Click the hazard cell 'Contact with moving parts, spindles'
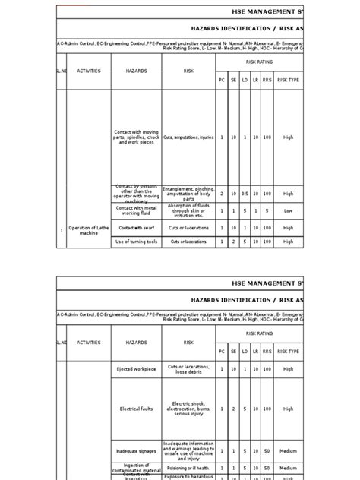coord(136,137)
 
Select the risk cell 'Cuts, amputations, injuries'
coord(188,137)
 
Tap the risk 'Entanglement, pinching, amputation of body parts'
coord(188,194)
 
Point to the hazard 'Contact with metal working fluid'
coord(136,210)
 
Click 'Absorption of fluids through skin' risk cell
coord(188,210)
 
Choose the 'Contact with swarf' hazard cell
coord(136,227)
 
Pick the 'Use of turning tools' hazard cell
coord(136,242)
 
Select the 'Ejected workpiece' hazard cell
coord(137,369)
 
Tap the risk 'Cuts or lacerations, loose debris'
coord(188,369)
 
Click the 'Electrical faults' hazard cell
coord(137,409)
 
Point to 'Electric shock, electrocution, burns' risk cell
coord(188,409)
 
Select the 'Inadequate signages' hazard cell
coord(137,450)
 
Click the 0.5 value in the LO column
coord(245,194)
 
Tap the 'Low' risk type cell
coord(288,210)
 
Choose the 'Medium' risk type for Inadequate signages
coord(288,450)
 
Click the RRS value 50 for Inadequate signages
coord(267,450)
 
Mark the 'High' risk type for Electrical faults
coord(288,409)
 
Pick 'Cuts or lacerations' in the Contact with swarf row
coord(188,227)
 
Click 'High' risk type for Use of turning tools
coord(288,242)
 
